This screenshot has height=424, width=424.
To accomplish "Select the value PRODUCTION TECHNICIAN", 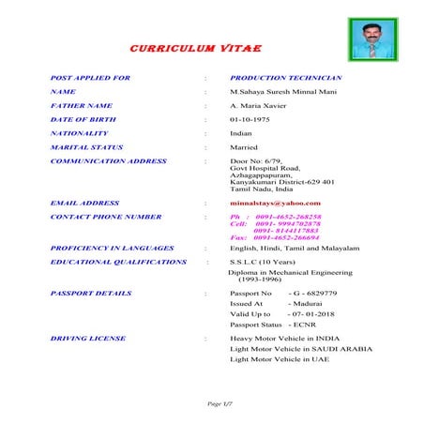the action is point(286,77).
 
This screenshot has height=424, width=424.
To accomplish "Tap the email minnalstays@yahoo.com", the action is point(275,203).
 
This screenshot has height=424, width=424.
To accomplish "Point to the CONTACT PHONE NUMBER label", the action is point(106,216).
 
